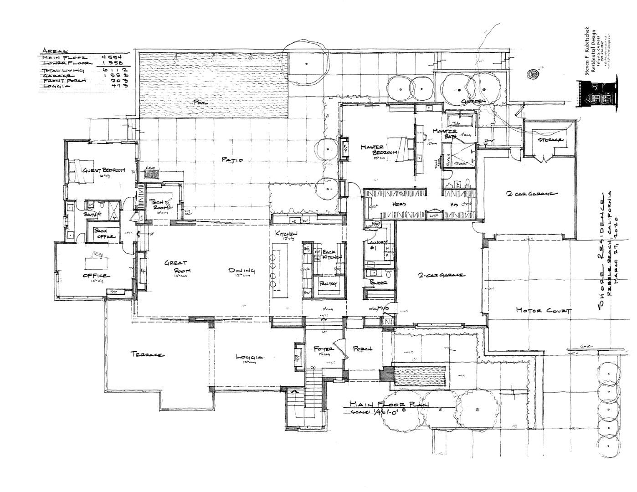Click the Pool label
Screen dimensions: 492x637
pos(201,103)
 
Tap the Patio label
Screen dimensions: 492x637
pos(232,159)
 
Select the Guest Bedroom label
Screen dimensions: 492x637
pos(103,170)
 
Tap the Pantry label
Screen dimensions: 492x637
pos(328,284)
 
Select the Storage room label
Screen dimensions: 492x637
pos(550,140)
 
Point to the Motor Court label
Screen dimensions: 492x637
pos(543,311)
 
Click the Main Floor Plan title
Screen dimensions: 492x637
pos(389,404)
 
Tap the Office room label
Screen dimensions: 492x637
pos(96,276)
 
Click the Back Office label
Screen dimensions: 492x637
pos(104,233)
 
